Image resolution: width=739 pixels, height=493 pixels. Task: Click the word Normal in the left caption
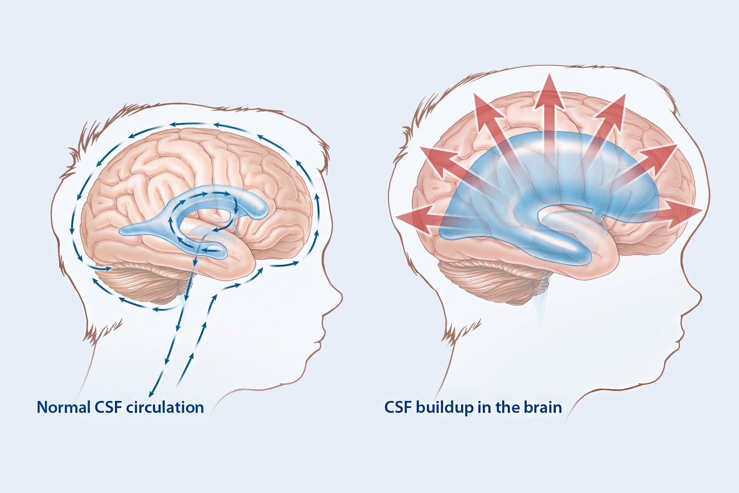coord(63,407)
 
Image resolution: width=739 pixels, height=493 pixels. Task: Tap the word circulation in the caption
coord(165,407)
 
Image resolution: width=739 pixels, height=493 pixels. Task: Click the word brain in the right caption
coord(543,407)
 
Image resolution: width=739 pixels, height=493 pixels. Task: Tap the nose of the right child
coord(697,299)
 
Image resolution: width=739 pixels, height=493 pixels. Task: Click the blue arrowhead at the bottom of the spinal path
coord(151,393)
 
